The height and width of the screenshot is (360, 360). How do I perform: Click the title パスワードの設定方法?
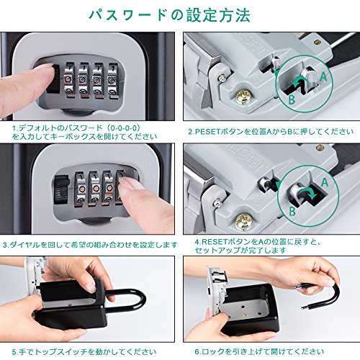[x=180, y=14]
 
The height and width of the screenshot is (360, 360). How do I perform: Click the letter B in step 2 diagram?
[x=292, y=101]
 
